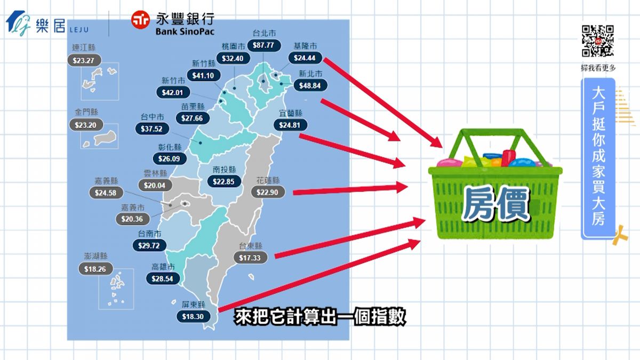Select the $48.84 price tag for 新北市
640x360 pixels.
(x=309, y=85)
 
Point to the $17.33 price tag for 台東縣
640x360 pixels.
(x=250, y=257)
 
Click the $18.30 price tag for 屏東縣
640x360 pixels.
(x=194, y=316)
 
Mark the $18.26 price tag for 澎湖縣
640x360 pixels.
(x=95, y=269)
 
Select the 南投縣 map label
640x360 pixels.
(x=224, y=170)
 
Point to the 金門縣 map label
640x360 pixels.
(x=86, y=112)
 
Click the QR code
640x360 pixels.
(x=597, y=41)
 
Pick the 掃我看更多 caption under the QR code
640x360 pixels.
(x=598, y=68)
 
